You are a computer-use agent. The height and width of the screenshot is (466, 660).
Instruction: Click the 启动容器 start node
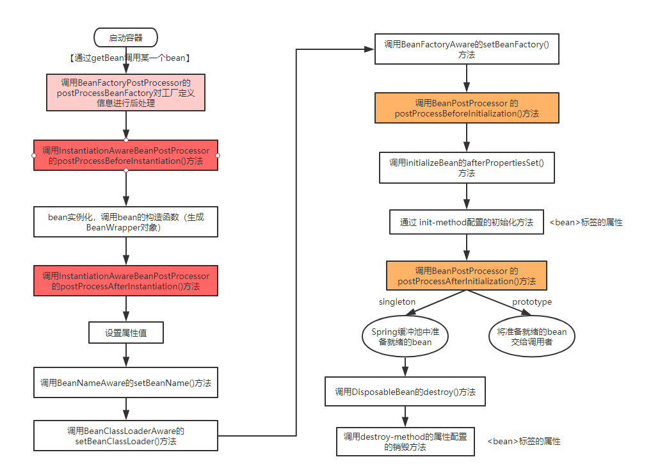[125, 38]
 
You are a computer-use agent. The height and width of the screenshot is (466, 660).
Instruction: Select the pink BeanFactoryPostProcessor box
[125, 92]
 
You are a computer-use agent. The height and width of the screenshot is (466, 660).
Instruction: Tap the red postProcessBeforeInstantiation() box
[125, 156]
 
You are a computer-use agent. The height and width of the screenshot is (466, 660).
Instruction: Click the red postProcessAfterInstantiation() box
[125, 281]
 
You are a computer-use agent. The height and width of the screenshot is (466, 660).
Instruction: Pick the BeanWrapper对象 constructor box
[125, 221]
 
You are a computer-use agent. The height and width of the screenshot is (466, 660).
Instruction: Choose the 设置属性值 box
[125, 333]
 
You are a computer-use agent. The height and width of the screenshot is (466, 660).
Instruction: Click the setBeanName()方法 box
[125, 383]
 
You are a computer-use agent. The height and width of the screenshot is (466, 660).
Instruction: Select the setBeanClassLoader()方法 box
[125, 435]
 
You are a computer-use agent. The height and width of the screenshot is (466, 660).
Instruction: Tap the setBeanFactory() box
[467, 49]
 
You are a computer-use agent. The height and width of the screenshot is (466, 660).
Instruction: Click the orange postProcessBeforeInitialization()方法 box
[467, 108]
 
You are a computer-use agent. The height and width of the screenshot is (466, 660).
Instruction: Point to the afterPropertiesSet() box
[467, 168]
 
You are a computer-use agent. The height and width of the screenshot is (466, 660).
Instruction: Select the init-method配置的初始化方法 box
[467, 222]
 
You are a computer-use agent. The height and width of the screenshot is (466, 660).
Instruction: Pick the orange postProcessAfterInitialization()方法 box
[467, 276]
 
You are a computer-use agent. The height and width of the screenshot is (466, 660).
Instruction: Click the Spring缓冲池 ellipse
[405, 337]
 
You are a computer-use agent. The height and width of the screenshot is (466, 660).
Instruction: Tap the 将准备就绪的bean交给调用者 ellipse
[531, 337]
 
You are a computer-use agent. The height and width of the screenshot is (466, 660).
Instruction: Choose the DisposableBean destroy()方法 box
[405, 392]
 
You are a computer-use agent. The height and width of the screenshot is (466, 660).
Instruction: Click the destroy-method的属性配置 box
[405, 442]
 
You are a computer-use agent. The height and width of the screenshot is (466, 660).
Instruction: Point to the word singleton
[397, 302]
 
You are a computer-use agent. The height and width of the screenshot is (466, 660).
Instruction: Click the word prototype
[531, 302]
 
